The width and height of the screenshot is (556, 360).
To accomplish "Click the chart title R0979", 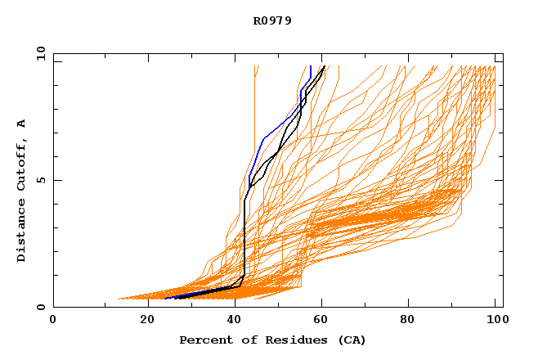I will click(272, 20).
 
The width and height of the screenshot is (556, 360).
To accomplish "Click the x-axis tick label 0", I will click(53, 320).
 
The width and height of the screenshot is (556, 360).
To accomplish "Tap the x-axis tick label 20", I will click(147, 320).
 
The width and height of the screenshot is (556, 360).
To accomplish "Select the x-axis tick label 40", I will click(236, 320).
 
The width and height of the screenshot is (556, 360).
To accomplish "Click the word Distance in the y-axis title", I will click(21, 232).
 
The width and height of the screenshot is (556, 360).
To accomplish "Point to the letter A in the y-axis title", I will click(21, 123).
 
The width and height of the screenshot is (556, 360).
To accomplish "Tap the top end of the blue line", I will click(310, 66).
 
